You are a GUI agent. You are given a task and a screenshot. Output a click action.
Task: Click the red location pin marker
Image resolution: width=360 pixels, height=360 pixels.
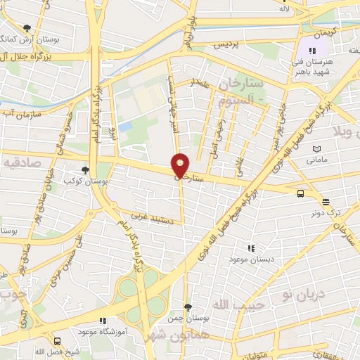click(181, 165)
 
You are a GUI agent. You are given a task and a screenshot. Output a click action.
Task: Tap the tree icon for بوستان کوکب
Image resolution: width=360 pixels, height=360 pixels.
click(86, 170)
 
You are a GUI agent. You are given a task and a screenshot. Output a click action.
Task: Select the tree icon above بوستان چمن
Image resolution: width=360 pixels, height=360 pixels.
click(188, 307)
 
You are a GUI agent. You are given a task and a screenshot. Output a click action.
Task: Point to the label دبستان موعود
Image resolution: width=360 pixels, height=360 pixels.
click(250, 259)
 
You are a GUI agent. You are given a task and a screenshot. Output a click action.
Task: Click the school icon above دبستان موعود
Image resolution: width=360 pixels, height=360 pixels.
click(250, 248)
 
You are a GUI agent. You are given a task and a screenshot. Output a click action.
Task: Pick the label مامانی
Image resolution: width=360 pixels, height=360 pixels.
click(316, 160)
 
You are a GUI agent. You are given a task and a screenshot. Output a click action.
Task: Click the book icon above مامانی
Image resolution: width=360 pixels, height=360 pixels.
click(316, 149)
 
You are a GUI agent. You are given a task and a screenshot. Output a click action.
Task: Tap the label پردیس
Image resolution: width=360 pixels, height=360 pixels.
click(226, 44)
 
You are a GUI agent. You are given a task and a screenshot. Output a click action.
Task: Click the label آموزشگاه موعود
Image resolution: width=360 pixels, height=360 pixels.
click(105, 330)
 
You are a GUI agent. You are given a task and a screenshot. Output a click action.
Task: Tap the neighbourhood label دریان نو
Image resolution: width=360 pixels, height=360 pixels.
click(304, 291)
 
